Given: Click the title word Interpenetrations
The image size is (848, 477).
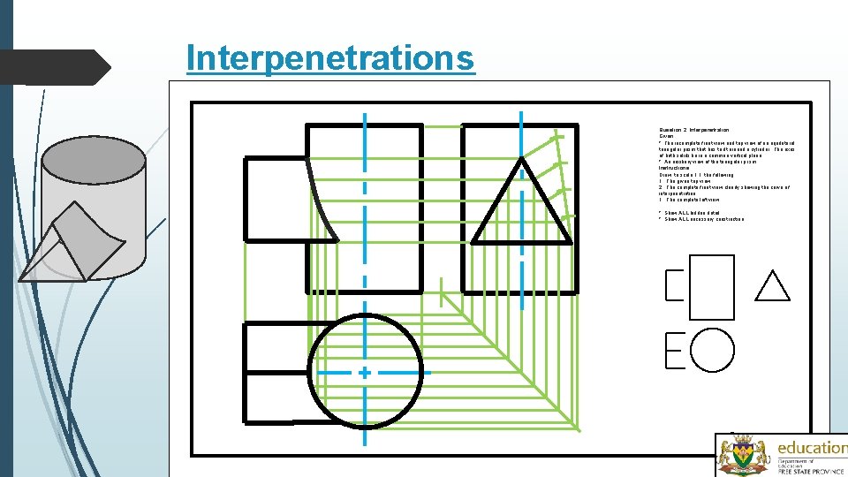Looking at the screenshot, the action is [x=330, y=58].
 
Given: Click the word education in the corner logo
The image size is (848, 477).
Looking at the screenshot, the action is [x=811, y=448].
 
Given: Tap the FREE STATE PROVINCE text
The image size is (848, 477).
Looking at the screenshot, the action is [x=811, y=470].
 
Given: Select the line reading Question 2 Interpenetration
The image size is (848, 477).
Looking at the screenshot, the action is [x=693, y=130].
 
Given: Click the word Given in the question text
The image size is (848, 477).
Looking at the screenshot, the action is [x=666, y=137].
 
